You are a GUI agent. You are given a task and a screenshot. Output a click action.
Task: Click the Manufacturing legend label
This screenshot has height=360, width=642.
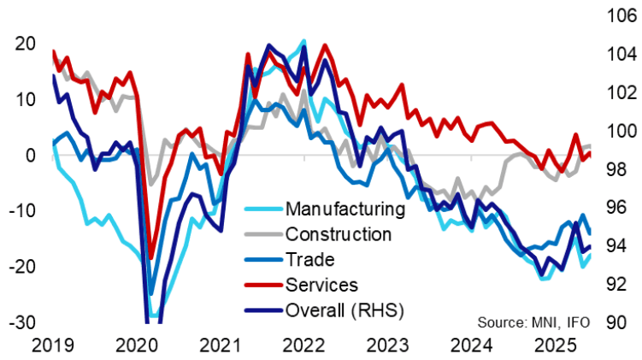345,209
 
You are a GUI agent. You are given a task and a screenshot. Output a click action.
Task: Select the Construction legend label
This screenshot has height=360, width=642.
339,233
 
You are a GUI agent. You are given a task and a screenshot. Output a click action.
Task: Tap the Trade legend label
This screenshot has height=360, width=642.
310,258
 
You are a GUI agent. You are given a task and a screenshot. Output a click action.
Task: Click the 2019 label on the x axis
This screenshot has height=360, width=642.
54,345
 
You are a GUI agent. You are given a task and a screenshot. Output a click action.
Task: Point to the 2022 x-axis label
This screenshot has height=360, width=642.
304,345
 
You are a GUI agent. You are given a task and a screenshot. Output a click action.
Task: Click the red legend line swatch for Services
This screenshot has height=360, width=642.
264,284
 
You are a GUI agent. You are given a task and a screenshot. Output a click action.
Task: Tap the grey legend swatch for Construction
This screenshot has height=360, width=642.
264,233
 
